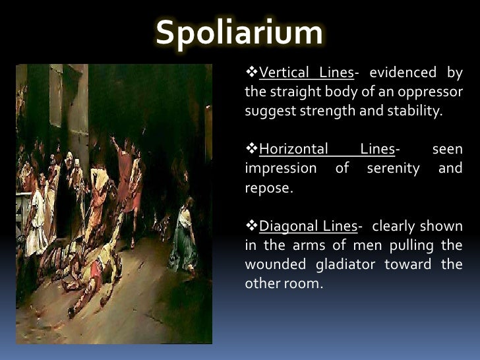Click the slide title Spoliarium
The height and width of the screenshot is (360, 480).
click(x=239, y=34)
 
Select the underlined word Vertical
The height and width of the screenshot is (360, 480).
click(x=284, y=72)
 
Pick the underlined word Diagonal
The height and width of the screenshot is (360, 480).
click(x=285, y=227)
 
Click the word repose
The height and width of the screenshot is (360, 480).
click(x=266, y=188)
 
